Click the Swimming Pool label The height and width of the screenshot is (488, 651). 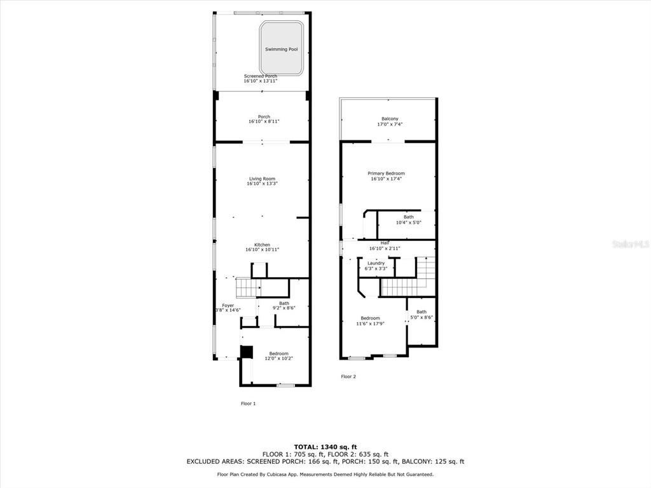tap(282, 50)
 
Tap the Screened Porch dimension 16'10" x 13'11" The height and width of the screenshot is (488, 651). tap(260, 81)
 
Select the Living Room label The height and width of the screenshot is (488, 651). tap(262, 179)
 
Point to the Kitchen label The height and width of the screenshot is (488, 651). tap(262, 245)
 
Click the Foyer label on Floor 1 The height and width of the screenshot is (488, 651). tap(228, 306)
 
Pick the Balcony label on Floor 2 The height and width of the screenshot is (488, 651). tap(390, 119)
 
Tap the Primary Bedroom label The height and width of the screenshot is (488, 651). tap(386, 173)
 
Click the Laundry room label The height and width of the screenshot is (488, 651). tap(376, 263)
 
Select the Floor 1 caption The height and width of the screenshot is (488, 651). tap(249, 403)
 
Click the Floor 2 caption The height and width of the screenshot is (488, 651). tap(348, 377)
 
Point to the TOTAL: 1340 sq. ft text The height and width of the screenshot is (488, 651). tap(325, 447)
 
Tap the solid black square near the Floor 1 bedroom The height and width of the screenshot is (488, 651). tap(247, 351)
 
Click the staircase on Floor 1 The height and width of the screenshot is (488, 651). tap(249, 288)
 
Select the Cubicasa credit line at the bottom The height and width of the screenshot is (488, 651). tap(325, 474)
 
